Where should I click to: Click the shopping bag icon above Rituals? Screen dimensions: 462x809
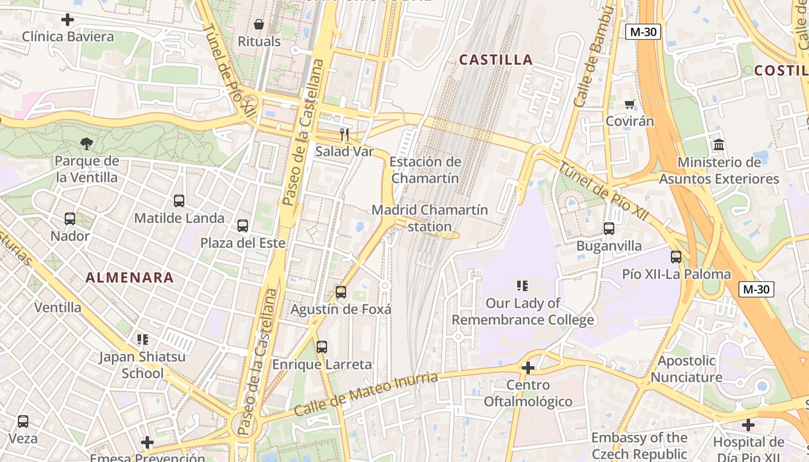coord(259,24)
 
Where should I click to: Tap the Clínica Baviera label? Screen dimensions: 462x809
coord(68,37)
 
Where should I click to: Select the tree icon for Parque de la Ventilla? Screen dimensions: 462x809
coord(87,143)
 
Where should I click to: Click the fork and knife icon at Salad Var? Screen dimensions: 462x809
coord(344,135)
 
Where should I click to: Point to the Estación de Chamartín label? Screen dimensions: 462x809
coord(425,170)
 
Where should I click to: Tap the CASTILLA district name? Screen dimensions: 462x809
coord(496,59)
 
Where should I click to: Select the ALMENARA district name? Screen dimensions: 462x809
coord(129,278)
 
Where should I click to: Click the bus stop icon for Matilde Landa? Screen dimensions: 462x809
coord(179,201)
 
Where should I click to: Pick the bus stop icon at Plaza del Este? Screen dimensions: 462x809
coord(243,226)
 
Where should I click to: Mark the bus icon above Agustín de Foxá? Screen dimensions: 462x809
coord(341,292)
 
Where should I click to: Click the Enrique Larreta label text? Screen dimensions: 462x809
coord(322,365)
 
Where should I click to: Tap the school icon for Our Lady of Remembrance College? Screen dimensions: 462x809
coord(522,285)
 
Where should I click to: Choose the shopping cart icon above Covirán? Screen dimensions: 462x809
coord(629,105)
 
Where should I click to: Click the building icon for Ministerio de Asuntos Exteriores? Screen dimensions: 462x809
coord(719,145)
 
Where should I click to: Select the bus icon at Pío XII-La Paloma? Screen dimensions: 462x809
coord(676,256)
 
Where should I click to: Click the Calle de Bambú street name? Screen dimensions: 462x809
coord(593,57)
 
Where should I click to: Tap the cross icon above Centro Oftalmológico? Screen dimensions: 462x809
coord(528,367)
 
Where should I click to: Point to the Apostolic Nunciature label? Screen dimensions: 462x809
coord(686,369)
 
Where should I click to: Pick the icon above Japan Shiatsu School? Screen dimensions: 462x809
coord(142,340)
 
